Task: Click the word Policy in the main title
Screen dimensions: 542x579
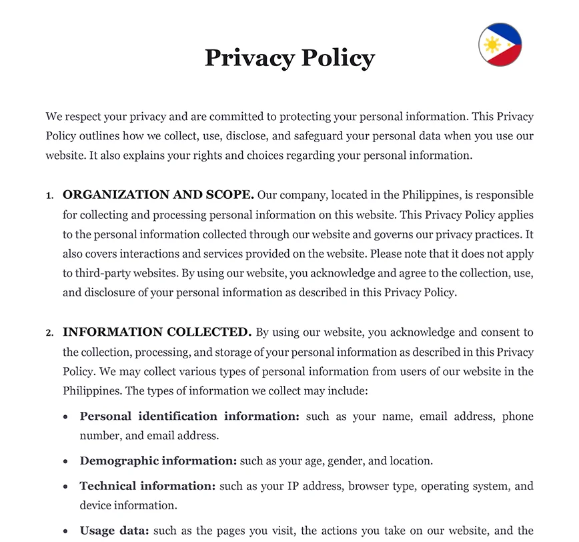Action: pos(338,58)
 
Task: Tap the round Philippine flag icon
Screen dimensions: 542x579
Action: pos(500,45)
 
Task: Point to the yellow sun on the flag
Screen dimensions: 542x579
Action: pos(492,45)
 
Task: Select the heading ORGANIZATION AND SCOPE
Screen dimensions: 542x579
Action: pos(158,195)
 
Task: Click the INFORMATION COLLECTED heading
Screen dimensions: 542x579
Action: pos(157,332)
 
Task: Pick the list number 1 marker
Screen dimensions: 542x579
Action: pos(49,196)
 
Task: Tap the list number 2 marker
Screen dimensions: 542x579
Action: pos(49,333)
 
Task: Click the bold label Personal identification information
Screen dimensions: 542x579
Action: pos(189,416)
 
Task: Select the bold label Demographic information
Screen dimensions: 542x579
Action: pos(158,461)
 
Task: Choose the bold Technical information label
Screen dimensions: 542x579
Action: pos(147,486)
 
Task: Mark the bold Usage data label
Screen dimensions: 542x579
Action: pos(114,531)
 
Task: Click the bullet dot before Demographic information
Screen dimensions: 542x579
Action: pos(65,461)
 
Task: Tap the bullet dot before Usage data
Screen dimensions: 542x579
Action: pos(65,532)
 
